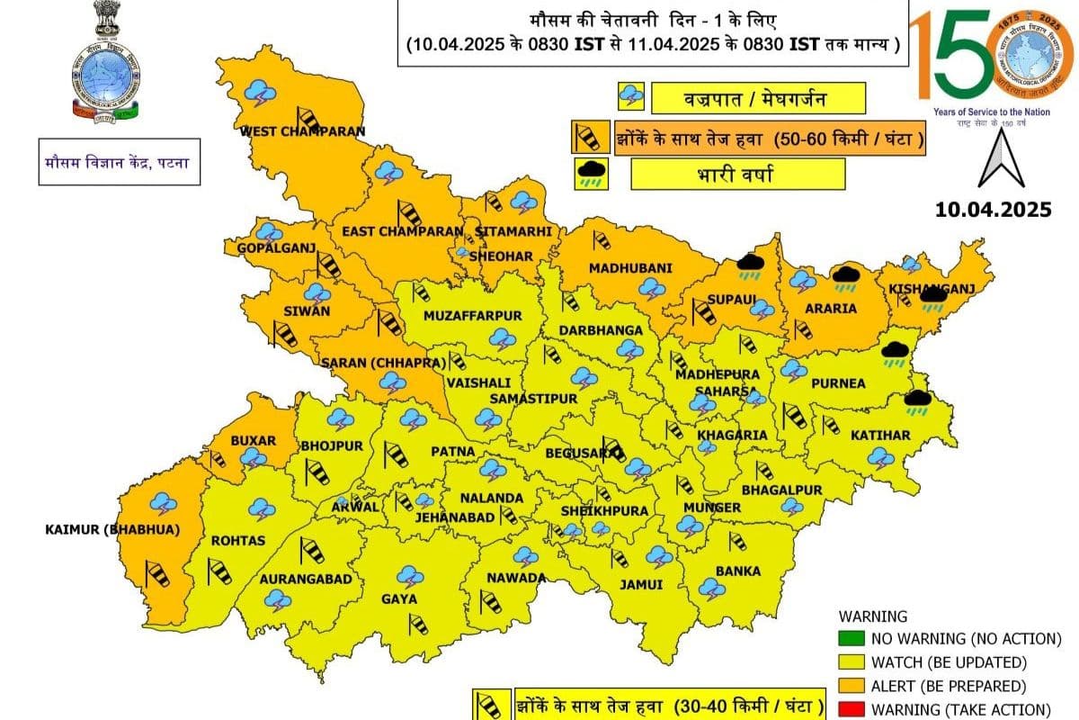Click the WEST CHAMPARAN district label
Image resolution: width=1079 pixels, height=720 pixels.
[302, 131]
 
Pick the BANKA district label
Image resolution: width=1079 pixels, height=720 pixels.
[737, 571]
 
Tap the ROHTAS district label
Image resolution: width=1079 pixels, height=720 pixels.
[238, 540]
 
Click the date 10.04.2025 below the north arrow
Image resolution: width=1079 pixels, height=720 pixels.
[992, 210]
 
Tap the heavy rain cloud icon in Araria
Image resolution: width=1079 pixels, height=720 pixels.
[844, 277]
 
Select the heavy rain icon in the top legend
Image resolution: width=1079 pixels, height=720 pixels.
[591, 174]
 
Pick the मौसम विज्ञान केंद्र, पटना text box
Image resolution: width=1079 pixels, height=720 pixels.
[119, 163]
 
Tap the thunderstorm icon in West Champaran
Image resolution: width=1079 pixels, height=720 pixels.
[260, 91]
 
